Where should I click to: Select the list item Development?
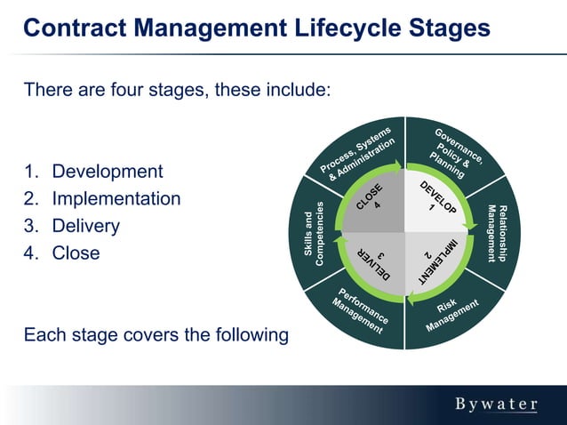point(107,172)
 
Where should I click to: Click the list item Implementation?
point(116,199)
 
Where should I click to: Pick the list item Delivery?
point(85,226)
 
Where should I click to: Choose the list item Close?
point(76,253)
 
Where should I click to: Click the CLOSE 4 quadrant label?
point(372,197)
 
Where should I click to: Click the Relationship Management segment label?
point(498,233)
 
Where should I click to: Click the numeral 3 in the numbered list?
point(29,226)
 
